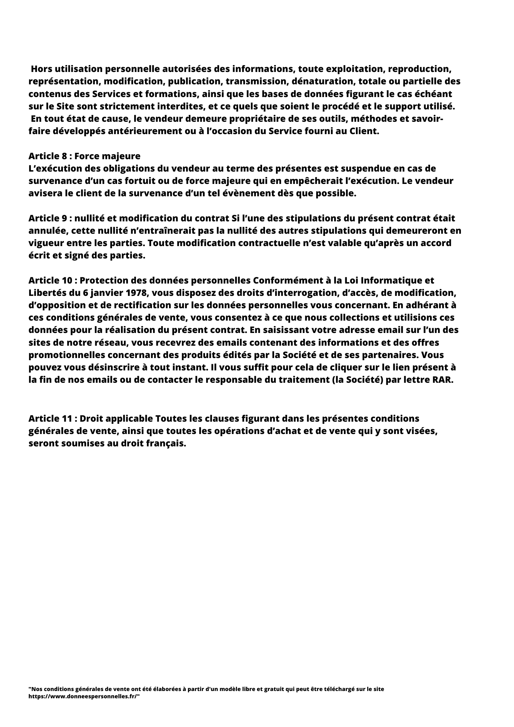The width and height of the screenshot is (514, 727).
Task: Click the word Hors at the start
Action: pos(41,69)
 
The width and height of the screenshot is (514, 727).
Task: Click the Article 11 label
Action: pos(49,418)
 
